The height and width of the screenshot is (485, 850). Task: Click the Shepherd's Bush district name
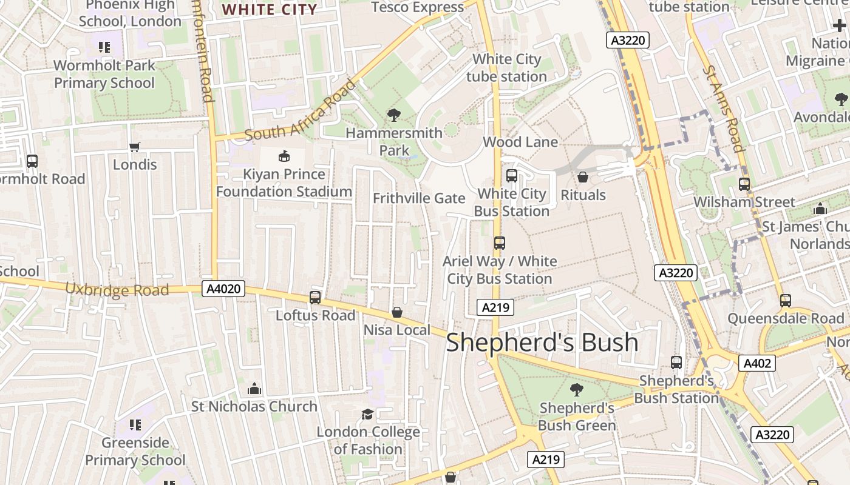[x=542, y=343]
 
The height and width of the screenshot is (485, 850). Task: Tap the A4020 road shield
[x=223, y=289]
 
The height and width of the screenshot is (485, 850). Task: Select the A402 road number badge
[x=757, y=363]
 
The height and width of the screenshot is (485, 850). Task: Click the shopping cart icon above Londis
[x=135, y=147]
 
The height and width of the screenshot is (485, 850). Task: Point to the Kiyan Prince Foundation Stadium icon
[x=284, y=156]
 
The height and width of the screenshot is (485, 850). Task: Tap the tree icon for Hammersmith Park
[x=394, y=115]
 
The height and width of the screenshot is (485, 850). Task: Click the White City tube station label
[x=506, y=68]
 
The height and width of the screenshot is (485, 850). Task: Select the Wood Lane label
[x=520, y=142]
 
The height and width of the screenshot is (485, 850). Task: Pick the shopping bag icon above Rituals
[x=583, y=177]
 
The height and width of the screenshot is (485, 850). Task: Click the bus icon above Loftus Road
[x=314, y=297]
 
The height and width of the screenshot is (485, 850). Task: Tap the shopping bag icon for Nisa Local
[x=396, y=312]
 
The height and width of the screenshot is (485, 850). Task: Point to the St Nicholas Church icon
[x=254, y=388]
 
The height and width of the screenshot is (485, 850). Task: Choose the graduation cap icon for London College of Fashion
[x=367, y=414]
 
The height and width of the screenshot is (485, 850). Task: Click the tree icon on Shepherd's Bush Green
[x=577, y=390]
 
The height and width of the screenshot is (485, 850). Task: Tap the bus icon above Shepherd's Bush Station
[x=676, y=363]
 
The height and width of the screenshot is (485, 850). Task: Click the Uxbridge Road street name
[x=117, y=289]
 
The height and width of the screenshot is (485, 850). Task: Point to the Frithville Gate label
[x=419, y=198]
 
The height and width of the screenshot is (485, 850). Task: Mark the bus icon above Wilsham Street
[x=744, y=184]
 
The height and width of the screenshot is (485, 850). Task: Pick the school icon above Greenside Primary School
[x=135, y=425]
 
